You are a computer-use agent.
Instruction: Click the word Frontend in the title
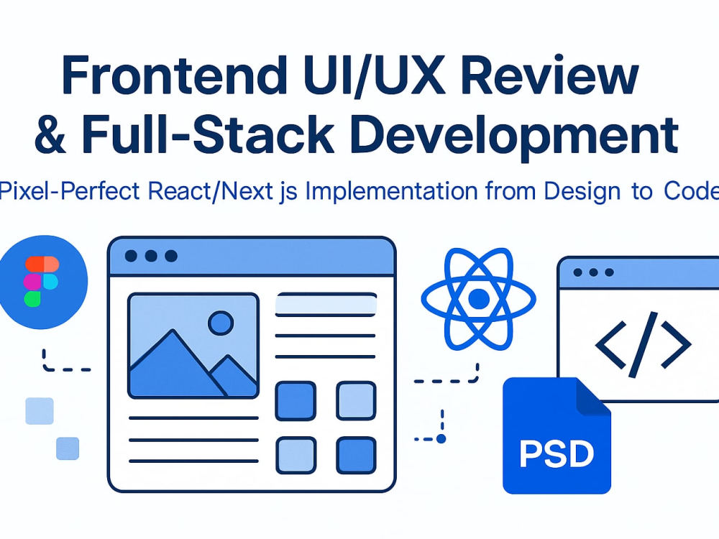[x=173, y=75]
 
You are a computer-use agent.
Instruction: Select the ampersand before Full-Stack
[x=50, y=134]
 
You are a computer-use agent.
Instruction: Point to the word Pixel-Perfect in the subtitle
[x=69, y=190]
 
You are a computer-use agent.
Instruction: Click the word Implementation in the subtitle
[x=391, y=192]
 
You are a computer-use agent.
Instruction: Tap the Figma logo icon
[x=40, y=282]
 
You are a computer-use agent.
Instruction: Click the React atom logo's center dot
[x=479, y=299]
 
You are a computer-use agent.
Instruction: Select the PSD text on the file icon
[x=557, y=453]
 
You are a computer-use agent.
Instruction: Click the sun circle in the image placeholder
[x=221, y=323]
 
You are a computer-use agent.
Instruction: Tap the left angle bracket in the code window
[x=610, y=345]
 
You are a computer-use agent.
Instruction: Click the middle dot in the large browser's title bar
[x=151, y=256]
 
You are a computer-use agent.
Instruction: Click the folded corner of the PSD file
[x=592, y=396]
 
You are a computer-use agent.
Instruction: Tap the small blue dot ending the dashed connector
[x=441, y=439]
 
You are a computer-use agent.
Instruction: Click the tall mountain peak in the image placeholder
[x=173, y=331]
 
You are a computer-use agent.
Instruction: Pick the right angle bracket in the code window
[x=675, y=345]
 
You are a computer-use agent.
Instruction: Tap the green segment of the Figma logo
[x=32, y=299]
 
